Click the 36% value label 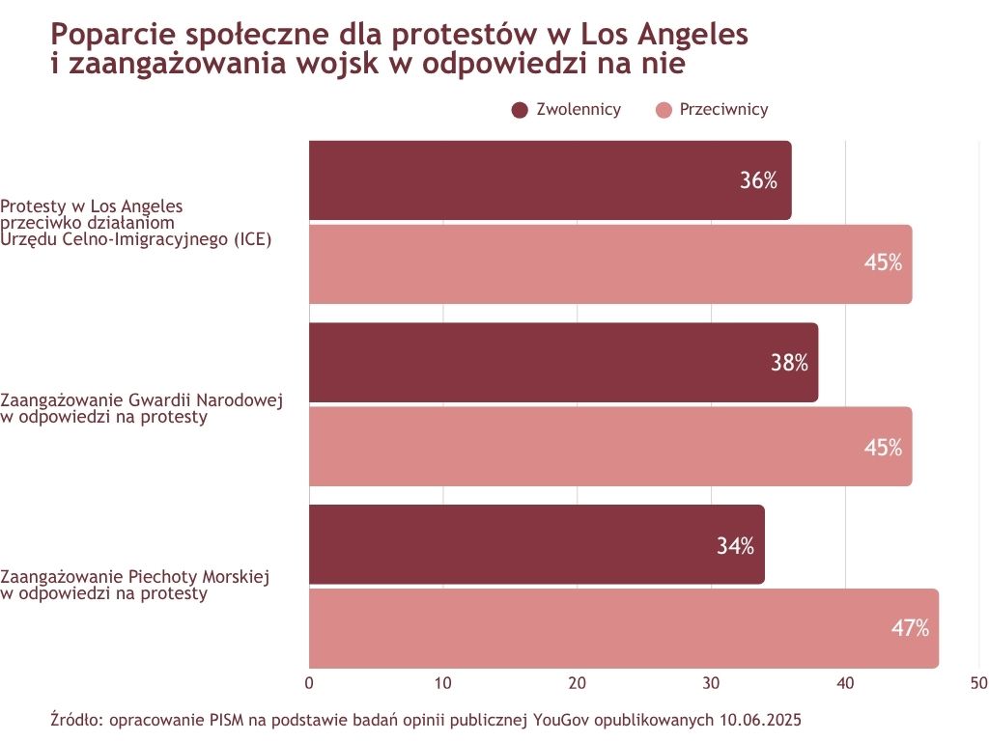click(x=758, y=180)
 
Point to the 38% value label click(x=789, y=363)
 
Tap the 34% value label click(x=735, y=545)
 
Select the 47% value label click(x=910, y=628)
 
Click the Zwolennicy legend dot click(x=520, y=110)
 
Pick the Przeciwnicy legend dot click(x=664, y=110)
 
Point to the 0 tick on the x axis click(x=309, y=683)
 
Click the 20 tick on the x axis click(x=578, y=683)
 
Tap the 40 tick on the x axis click(x=845, y=683)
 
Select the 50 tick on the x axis click(x=978, y=683)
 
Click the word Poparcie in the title click(x=109, y=35)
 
